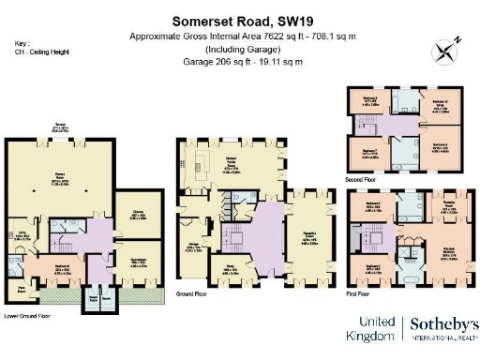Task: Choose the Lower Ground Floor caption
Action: (x=27, y=316)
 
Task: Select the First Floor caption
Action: (x=361, y=293)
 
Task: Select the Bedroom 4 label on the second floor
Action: (x=439, y=145)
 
